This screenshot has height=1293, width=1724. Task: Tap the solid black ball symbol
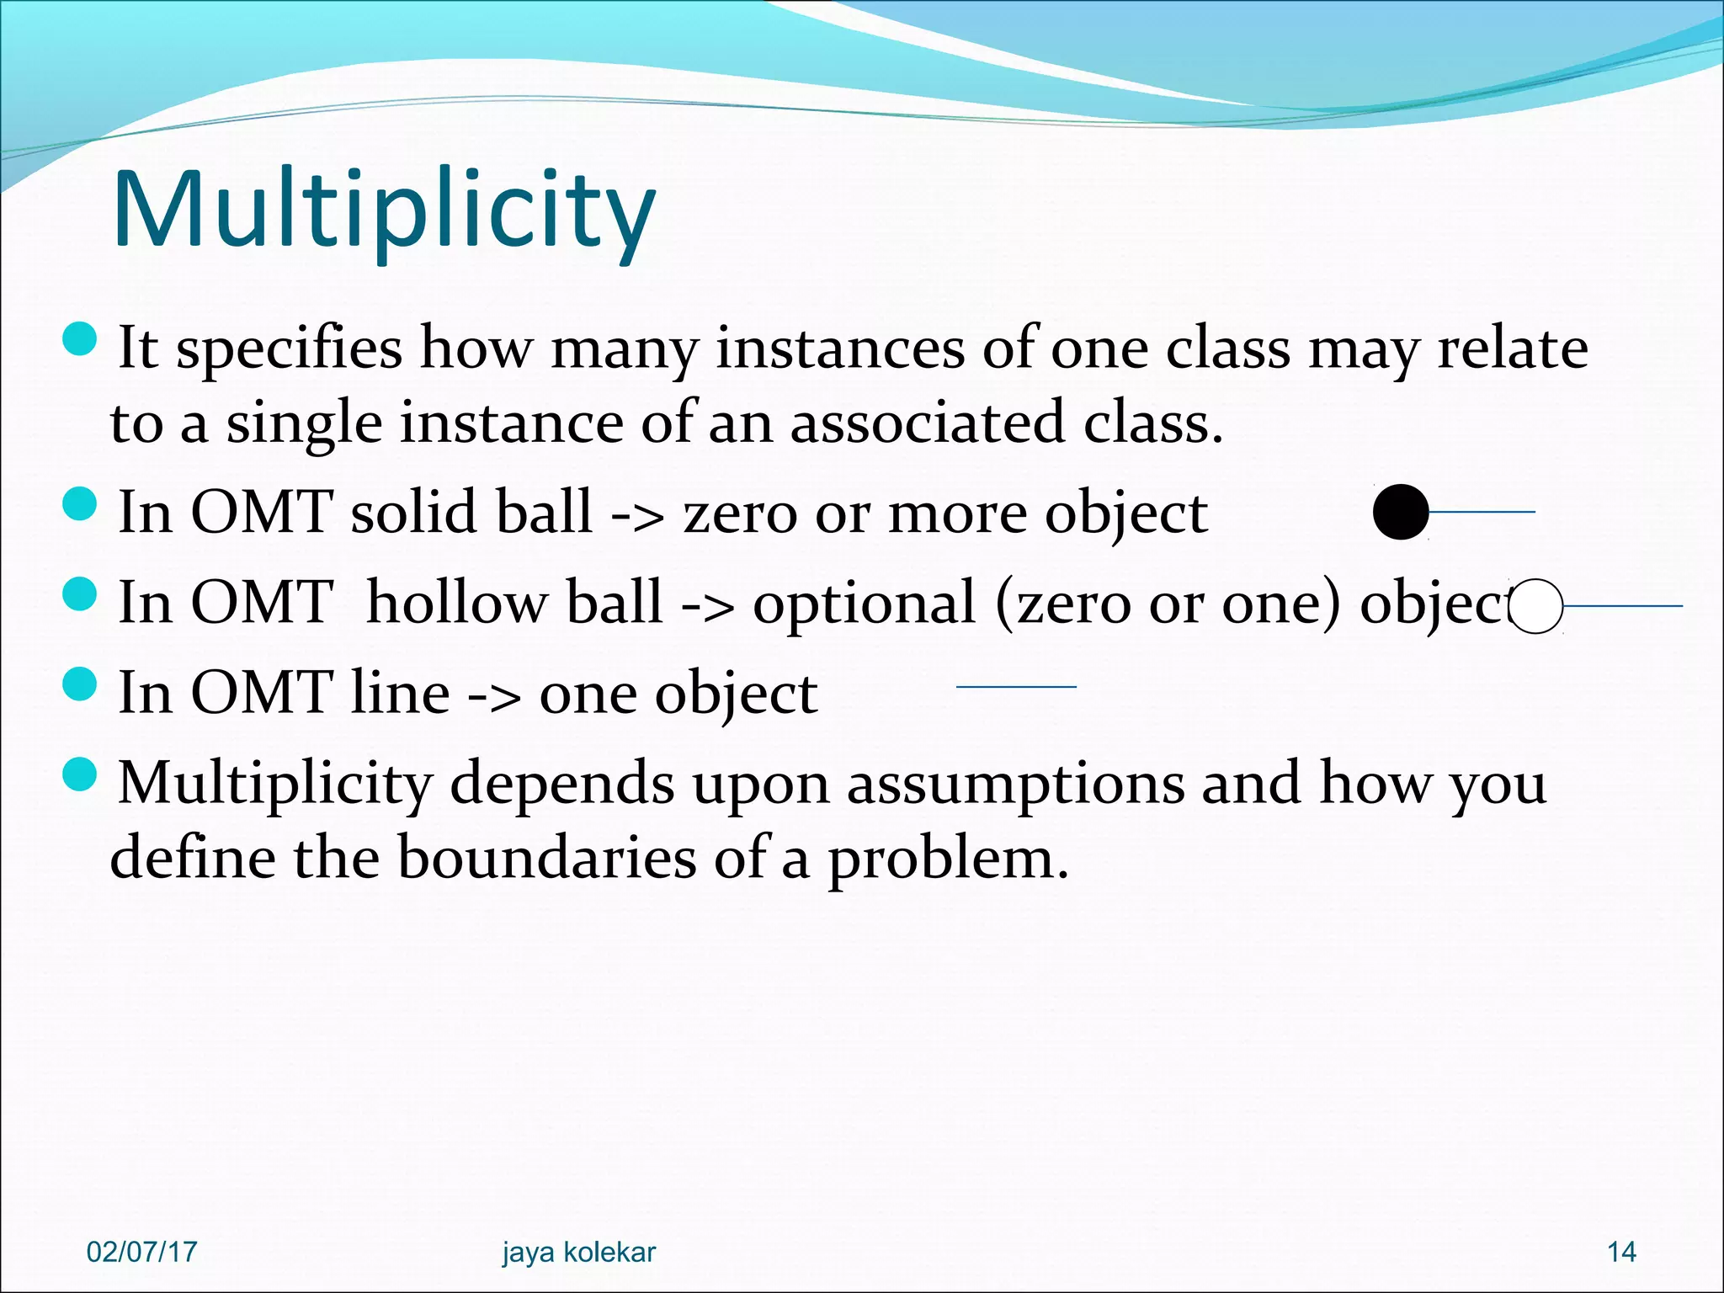tap(1401, 512)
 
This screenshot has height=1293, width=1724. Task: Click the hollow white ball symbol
tap(1535, 606)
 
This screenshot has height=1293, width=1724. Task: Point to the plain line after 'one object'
tap(1016, 687)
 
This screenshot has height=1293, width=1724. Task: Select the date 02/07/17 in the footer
tap(141, 1252)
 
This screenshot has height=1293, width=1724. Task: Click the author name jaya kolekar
tap(578, 1252)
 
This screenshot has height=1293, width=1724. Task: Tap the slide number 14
tap(1621, 1252)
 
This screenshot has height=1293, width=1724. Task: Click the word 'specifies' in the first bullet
tap(289, 349)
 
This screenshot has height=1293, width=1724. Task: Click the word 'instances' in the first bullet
tap(839, 349)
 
